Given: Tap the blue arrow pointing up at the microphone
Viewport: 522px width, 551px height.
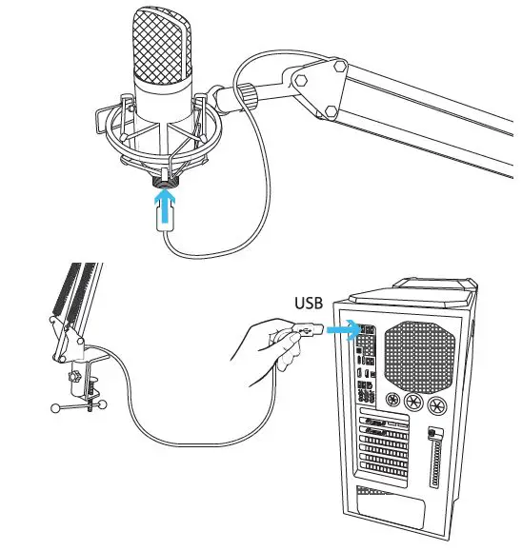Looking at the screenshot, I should click(168, 203).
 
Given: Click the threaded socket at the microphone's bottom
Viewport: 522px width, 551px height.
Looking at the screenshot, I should click(168, 179).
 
